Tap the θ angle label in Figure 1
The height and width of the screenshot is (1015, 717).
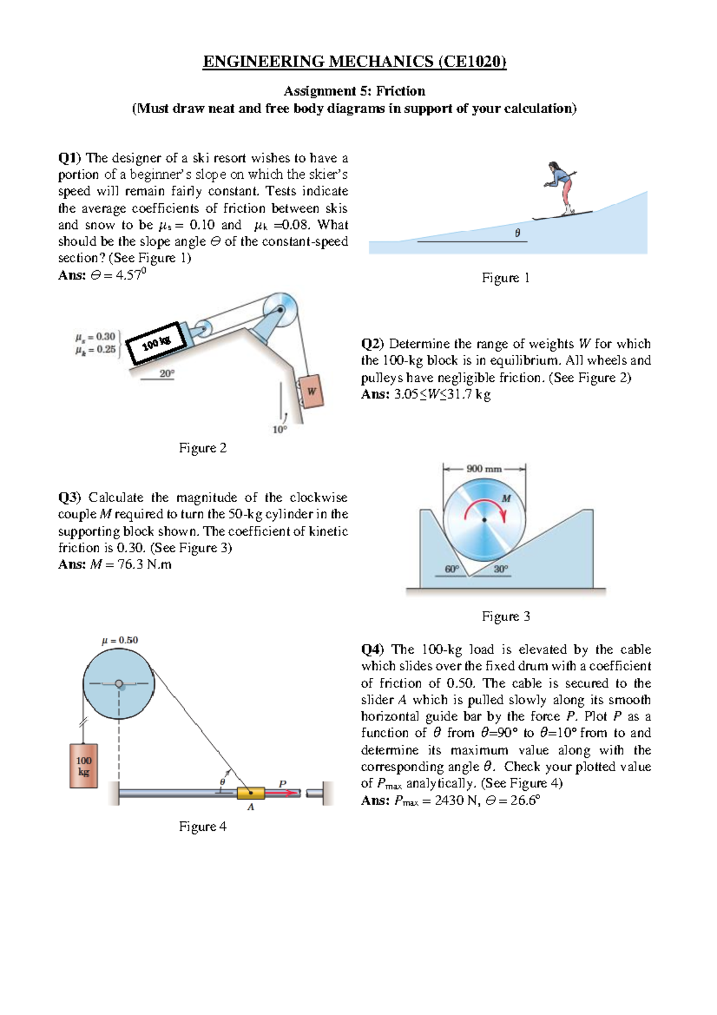[517, 233]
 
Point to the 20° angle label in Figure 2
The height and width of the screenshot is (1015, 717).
[167, 374]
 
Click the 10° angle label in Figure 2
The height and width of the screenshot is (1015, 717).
[280, 429]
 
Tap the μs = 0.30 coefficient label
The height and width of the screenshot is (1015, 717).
[96, 337]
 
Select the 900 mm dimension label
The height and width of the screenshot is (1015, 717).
[483, 469]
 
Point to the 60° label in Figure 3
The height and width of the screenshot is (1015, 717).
[452, 569]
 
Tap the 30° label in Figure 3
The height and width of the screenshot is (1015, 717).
[501, 569]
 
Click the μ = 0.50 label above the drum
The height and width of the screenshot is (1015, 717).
[119, 640]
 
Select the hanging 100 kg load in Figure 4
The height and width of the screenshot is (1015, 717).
[84, 766]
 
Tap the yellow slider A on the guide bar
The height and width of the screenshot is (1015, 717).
[251, 793]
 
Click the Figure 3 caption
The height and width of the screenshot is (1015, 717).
[505, 616]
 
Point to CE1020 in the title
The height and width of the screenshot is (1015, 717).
[472, 62]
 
